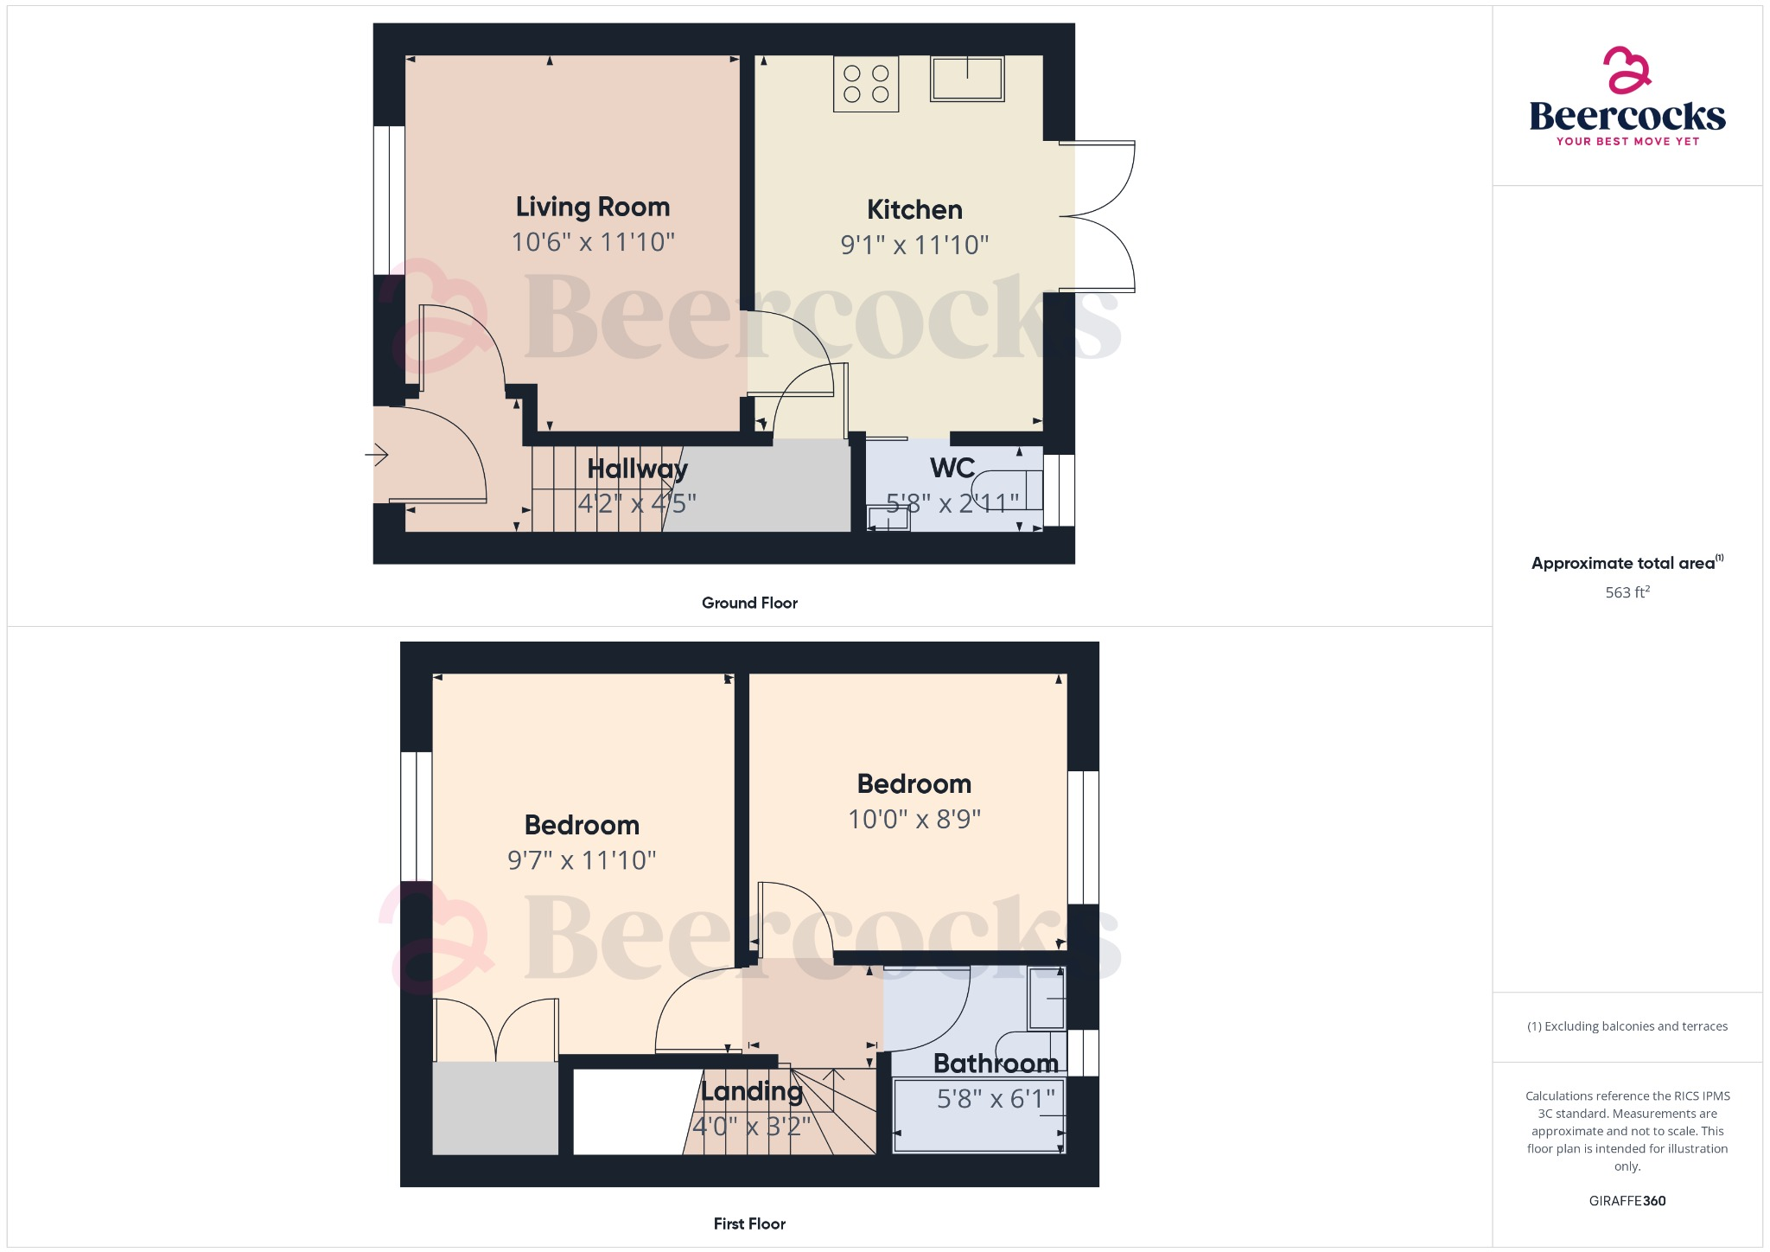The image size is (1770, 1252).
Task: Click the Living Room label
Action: [593, 208]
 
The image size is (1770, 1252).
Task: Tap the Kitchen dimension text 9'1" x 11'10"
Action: [914, 246]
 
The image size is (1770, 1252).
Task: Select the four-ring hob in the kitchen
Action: [866, 84]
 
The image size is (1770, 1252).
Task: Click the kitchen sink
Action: [967, 79]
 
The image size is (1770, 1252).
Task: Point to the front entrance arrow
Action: [377, 454]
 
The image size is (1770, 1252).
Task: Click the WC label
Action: [952, 469]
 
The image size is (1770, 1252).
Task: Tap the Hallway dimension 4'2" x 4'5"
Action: [637, 503]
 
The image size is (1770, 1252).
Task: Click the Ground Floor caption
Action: [749, 604]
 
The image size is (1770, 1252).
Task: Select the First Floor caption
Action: [749, 1224]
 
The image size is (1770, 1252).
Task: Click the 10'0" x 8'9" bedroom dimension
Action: [914, 820]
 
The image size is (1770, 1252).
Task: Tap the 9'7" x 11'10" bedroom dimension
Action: [582, 861]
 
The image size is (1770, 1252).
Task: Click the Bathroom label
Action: [996, 1064]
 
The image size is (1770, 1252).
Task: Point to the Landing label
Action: [752, 1092]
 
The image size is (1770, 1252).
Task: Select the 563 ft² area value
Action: [1627, 593]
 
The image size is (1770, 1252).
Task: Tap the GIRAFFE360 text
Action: [1627, 1201]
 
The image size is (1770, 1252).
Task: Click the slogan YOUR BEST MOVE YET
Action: [1627, 142]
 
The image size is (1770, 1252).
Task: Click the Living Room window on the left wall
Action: [389, 201]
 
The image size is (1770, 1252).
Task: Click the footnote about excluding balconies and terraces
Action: [1627, 1027]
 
